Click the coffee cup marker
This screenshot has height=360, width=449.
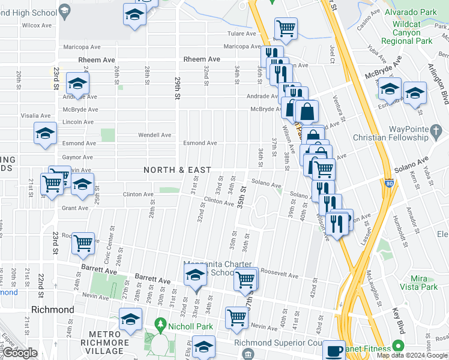[x=334, y=350]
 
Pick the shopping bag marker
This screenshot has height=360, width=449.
[x=306, y=111]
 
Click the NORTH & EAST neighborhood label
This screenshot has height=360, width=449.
[x=178, y=170]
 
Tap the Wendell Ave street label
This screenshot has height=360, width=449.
[x=155, y=135]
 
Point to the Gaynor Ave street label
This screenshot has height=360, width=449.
[x=78, y=157]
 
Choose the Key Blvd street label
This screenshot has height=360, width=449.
[x=398, y=319]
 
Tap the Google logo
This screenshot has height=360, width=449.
[x=20, y=353]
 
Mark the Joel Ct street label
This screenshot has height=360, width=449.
[x=331, y=55]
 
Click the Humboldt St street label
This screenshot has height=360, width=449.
[x=397, y=223]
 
